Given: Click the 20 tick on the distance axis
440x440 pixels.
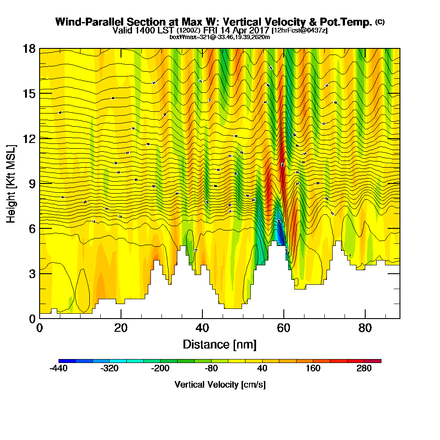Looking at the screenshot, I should pyautogui.click(x=121, y=328).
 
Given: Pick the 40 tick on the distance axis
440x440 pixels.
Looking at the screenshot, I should pyautogui.click(x=202, y=328).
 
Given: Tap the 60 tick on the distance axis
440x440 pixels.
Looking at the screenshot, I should pyautogui.click(x=284, y=328).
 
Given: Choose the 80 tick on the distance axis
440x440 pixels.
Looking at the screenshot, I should pyautogui.click(x=365, y=328).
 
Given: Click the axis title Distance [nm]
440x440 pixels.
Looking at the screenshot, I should pyautogui.click(x=220, y=344).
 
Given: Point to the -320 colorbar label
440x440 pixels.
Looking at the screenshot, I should pyautogui.click(x=110, y=369).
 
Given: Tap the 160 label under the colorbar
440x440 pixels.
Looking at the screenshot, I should pyautogui.click(x=313, y=369).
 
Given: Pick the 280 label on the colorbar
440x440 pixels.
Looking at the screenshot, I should pyautogui.click(x=364, y=369).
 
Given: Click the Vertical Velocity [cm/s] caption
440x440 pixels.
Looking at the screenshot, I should pyautogui.click(x=220, y=385).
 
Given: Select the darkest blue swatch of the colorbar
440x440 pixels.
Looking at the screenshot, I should pyautogui.click(x=67, y=361).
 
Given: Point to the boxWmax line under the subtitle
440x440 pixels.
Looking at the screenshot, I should pyautogui.click(x=220, y=37).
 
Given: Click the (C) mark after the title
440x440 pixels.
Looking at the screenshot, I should pyautogui.click(x=380, y=22).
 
